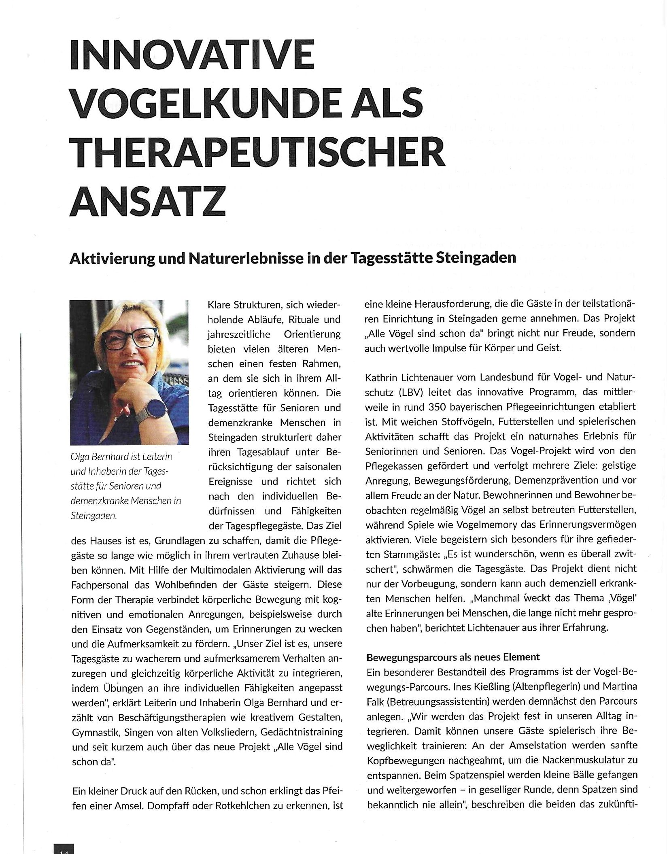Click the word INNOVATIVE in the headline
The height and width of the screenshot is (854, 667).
coord(192,55)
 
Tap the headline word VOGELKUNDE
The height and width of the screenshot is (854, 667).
coord(187,103)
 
